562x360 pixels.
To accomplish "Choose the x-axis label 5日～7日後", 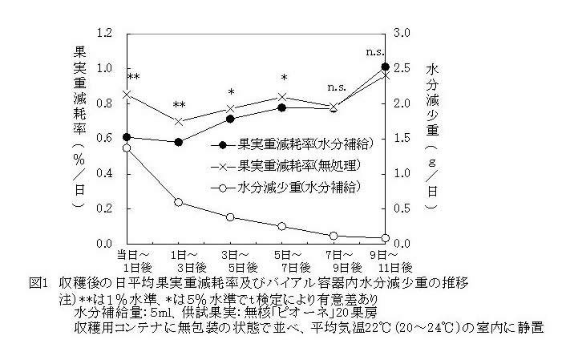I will click(282, 260).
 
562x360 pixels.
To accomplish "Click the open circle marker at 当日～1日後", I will click(127, 148).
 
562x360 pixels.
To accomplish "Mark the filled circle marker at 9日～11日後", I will click(386, 67).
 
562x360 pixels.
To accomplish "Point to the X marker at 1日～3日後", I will click(179, 121).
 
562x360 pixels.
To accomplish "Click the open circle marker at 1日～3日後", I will click(179, 202).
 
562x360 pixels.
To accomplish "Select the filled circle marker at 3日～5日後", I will click(231, 119).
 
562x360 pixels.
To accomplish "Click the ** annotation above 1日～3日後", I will click(179, 104).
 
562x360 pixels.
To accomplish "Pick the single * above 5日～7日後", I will click(283, 78).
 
